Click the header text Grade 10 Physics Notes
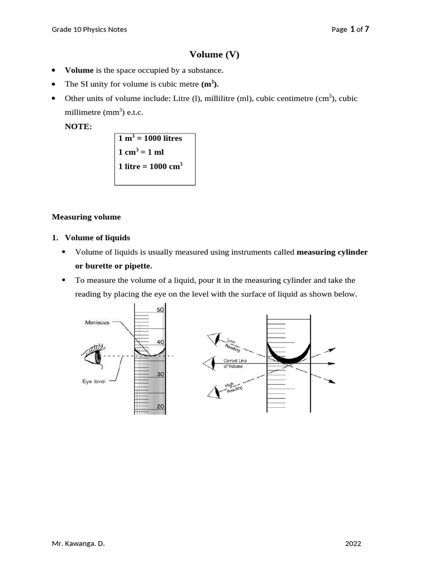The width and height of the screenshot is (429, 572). tap(89, 29)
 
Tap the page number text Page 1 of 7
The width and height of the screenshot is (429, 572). tap(350, 29)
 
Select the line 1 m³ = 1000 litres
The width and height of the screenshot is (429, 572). tap(150, 138)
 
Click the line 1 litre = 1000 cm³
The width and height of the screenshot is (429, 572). tap(151, 166)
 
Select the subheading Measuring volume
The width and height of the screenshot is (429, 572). tap(86, 216)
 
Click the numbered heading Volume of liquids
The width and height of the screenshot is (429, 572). tap(97, 237)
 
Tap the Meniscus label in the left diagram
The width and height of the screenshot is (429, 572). tap(97, 322)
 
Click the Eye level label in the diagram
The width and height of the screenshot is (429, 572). tap(94, 382)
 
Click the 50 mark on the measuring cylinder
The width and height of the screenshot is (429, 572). tap(160, 310)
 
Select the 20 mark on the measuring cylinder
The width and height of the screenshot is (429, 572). tap(160, 406)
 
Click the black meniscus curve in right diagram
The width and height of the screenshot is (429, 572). tap(288, 357)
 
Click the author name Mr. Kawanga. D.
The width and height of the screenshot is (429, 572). tap(78, 542)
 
